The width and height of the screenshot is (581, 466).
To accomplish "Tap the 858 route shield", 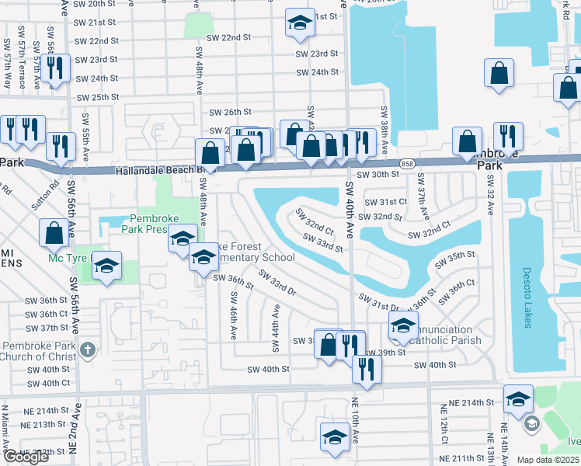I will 407,164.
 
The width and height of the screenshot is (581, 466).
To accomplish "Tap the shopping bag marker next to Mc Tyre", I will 54,231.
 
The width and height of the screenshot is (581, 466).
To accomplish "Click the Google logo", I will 26,457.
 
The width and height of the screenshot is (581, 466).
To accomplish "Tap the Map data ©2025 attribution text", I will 547,460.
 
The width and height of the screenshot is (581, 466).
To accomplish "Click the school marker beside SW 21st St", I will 299,24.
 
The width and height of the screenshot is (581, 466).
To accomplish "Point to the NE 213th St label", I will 43,424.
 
